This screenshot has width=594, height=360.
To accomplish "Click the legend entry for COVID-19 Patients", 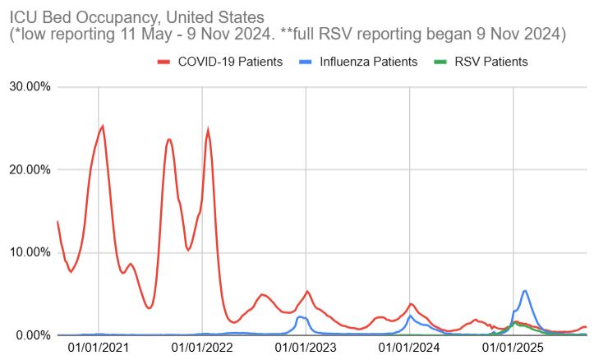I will pyautogui.click(x=231, y=62).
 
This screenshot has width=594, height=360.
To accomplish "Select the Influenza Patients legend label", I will pyautogui.click(x=368, y=62).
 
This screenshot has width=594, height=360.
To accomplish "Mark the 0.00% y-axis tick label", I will pyautogui.click(x=32, y=335).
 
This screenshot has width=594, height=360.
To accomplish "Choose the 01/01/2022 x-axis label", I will pyautogui.click(x=202, y=349).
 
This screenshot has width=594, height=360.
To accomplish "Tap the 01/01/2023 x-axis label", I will pyautogui.click(x=306, y=349).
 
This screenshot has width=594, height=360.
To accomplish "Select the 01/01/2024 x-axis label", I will pyautogui.click(x=409, y=349).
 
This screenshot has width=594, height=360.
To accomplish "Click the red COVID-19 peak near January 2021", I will pyautogui.click(x=103, y=126).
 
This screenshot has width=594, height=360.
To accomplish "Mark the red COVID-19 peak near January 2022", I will pyautogui.click(x=208, y=129).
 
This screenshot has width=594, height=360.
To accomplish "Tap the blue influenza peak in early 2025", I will pyautogui.click(x=525, y=290).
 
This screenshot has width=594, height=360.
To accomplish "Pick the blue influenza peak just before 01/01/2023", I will pyautogui.click(x=300, y=316).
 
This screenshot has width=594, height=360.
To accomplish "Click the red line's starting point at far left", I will pyautogui.click(x=57, y=221).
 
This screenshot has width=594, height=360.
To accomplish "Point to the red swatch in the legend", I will pyautogui.click(x=163, y=62).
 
